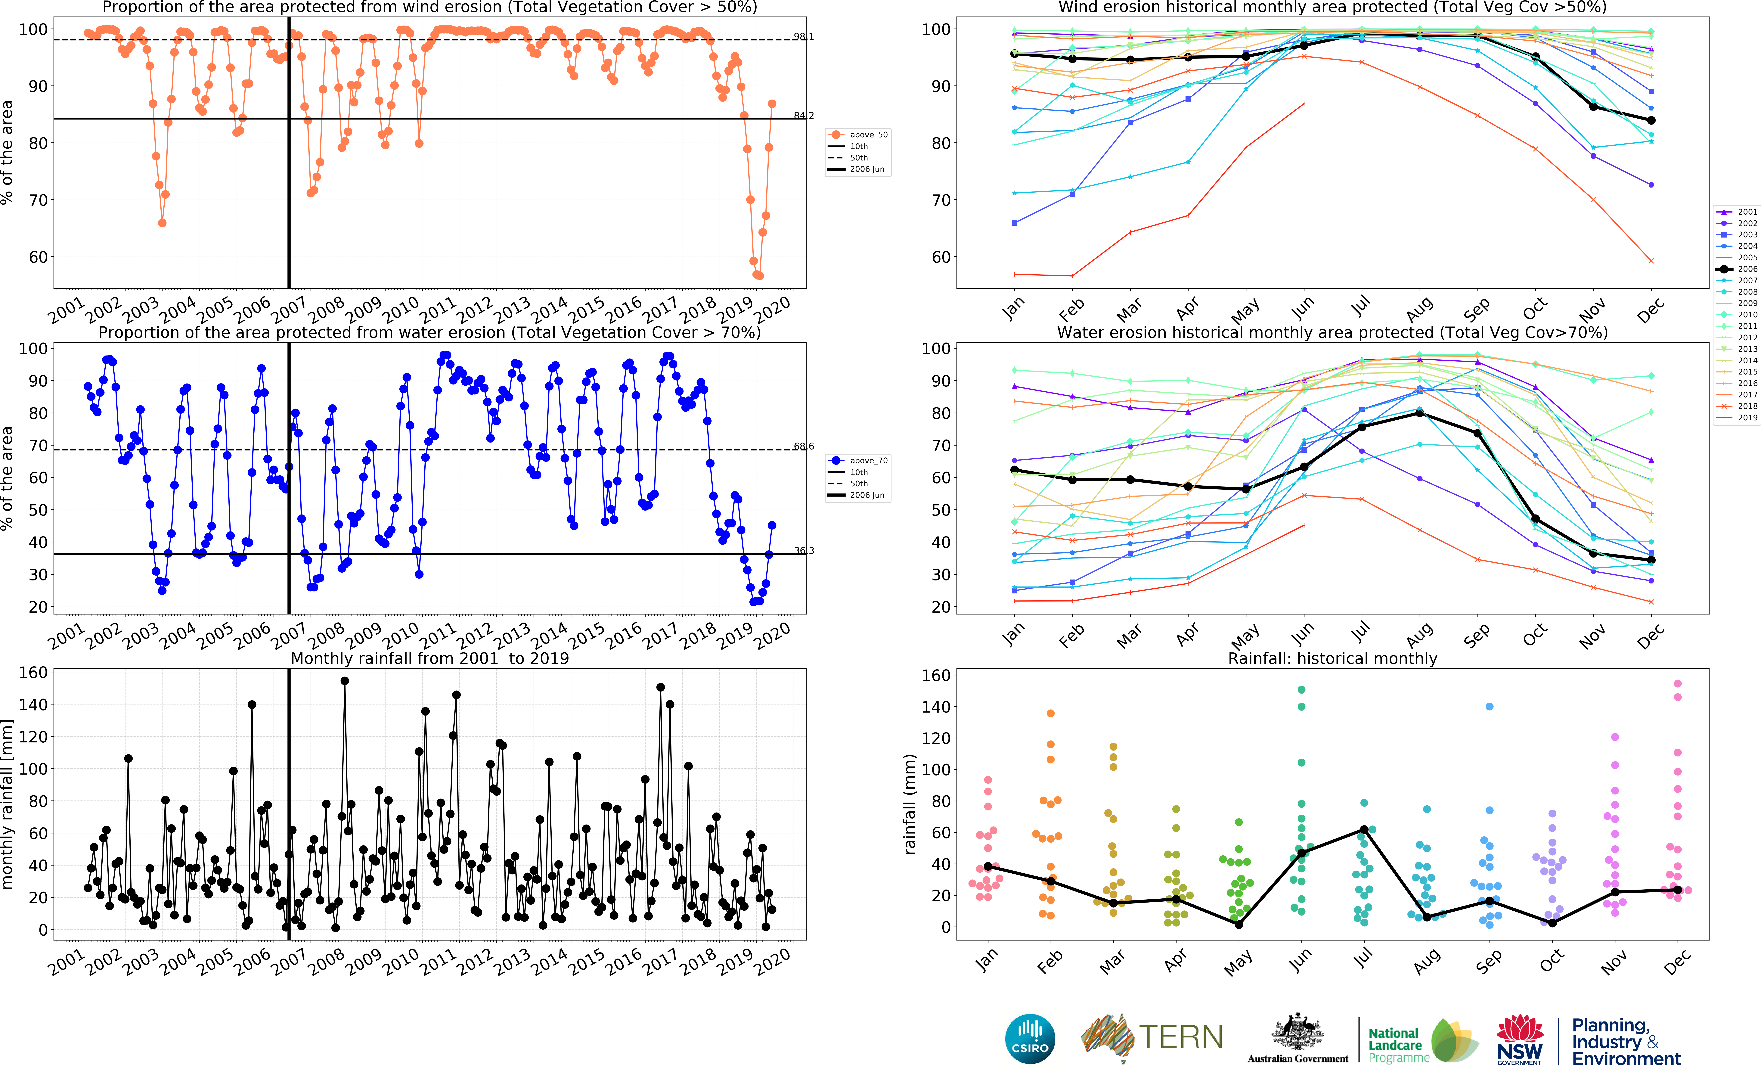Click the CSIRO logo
1030,1038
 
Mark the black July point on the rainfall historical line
1364,830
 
